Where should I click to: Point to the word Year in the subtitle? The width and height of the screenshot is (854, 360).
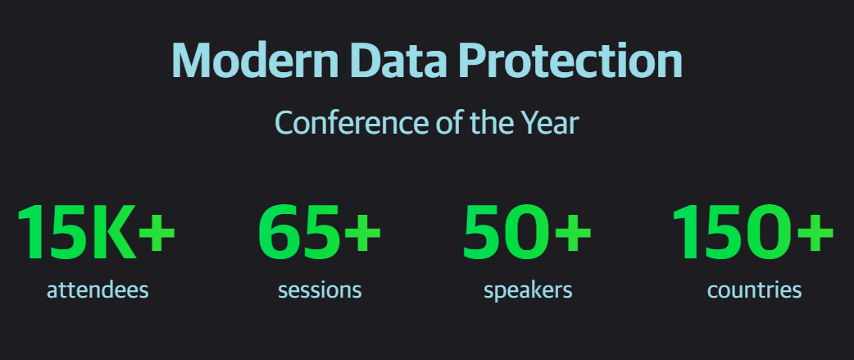pyautogui.click(x=552, y=122)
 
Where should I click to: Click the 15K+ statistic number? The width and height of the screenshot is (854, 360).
pyautogui.click(x=96, y=231)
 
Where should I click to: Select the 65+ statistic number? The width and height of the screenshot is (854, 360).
pyautogui.click(x=319, y=231)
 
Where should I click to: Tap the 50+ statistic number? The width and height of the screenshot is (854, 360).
pyautogui.click(x=526, y=231)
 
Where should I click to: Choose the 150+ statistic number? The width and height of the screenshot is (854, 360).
pyautogui.click(x=752, y=231)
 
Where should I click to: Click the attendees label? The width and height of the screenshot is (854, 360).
pyautogui.click(x=98, y=290)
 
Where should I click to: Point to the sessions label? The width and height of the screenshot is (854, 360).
pyautogui.click(x=320, y=290)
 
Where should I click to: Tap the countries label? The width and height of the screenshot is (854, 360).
pyautogui.click(x=754, y=290)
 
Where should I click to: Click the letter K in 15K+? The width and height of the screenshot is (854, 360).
pyautogui.click(x=113, y=232)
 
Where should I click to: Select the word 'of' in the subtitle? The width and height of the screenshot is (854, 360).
pyautogui.click(x=449, y=122)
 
